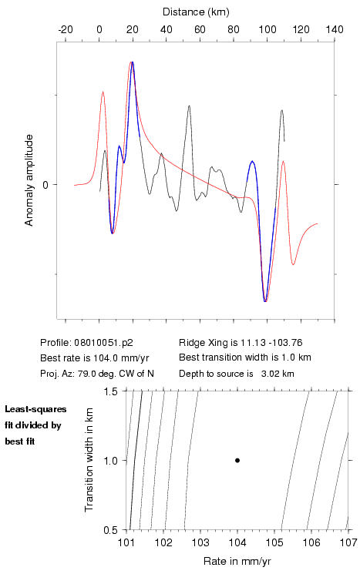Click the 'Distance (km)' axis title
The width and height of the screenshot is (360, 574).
click(196, 12)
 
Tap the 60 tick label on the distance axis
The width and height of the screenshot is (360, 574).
click(200, 29)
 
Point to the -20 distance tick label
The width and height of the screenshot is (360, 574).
click(66, 29)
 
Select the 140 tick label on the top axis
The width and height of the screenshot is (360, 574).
click(335, 29)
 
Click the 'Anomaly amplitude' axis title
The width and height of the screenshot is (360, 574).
click(29, 180)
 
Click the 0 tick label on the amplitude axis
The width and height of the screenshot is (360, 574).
click(45, 185)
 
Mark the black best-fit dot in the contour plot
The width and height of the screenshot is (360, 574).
click(237, 460)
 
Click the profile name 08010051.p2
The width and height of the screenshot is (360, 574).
click(103, 343)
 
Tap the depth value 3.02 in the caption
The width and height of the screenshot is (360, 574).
click(270, 374)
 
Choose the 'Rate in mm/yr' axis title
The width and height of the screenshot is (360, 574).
click(237, 561)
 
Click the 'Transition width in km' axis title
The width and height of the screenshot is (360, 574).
click(89, 460)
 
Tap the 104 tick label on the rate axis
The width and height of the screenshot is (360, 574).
click(237, 542)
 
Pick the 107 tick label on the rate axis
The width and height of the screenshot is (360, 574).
click(348, 542)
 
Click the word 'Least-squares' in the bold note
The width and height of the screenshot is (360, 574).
click(35, 409)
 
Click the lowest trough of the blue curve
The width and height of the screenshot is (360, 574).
click(265, 301)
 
